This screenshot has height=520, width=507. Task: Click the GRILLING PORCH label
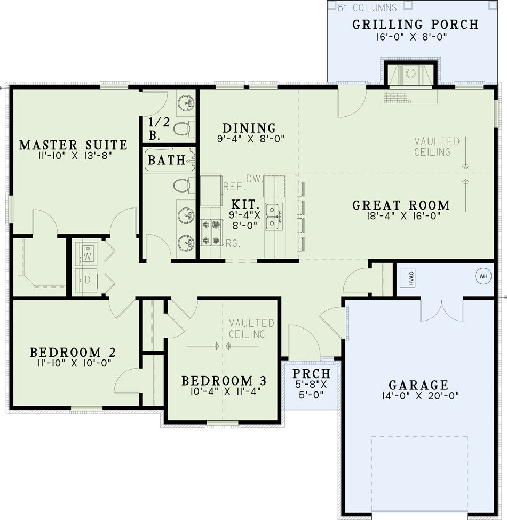(415, 25)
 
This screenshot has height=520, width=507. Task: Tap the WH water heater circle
(483, 276)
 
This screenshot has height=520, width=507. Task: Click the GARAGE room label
(418, 385)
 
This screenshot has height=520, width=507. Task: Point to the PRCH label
(311, 374)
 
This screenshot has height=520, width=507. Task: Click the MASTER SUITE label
(73, 145)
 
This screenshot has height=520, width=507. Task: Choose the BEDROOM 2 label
(73, 352)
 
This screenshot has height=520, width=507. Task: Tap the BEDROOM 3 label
(224, 381)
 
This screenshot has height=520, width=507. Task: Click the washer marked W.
(86, 254)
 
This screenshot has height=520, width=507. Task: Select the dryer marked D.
(86, 280)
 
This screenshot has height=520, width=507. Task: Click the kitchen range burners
(212, 233)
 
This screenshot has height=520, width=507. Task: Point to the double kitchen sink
(274, 217)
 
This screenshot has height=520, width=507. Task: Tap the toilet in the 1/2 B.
(184, 129)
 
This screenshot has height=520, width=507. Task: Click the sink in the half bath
(186, 103)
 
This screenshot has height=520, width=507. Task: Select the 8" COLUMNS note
(367, 7)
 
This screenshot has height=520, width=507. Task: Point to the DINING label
(249, 128)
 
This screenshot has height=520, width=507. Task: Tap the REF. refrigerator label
(234, 187)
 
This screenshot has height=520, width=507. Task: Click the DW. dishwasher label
(255, 179)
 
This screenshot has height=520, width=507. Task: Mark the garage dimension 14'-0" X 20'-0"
(421, 396)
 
